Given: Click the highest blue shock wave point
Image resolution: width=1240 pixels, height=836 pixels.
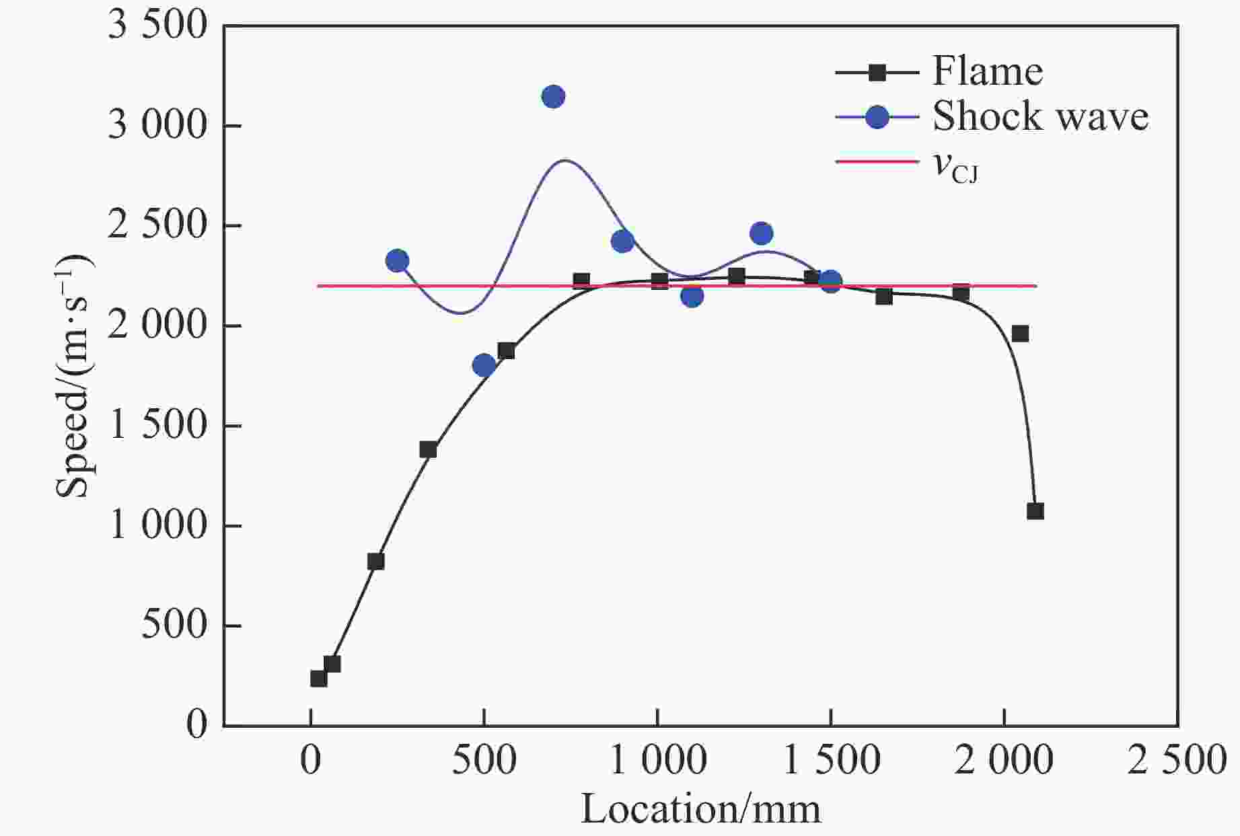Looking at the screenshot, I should tap(553, 97).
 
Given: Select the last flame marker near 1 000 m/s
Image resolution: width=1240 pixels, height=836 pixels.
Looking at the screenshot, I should tap(1035, 511).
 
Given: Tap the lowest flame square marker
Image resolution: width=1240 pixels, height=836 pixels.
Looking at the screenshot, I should tap(319, 678).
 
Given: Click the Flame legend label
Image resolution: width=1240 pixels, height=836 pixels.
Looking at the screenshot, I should tap(987, 71).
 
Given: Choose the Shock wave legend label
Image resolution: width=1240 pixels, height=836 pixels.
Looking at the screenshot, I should tap(1040, 116).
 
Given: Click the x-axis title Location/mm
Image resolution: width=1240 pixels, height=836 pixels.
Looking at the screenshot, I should tap(700, 808).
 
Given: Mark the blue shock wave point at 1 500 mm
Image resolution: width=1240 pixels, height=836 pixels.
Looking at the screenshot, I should tap(831, 282).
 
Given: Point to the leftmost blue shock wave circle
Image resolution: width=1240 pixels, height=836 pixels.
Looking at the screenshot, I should tap(398, 261).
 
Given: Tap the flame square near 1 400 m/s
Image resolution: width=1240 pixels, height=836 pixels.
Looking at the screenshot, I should tap(428, 450).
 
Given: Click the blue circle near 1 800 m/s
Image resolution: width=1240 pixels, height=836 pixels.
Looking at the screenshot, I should tap(484, 365).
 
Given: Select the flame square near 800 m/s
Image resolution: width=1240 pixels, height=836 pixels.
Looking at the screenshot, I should tap(376, 562).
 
